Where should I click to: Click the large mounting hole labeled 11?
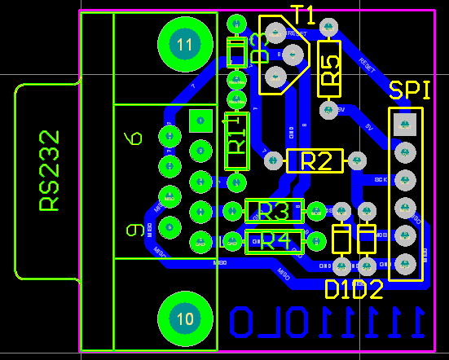[x=185, y=43]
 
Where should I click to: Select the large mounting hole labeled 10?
[x=185, y=318]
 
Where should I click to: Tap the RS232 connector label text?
[x=50, y=170]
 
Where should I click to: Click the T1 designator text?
[x=304, y=14]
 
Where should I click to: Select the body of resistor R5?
[x=329, y=69]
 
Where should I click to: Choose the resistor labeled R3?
[x=274, y=211]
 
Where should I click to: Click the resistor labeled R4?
[x=274, y=241]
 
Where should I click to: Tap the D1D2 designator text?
[x=354, y=289]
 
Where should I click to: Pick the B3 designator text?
[x=259, y=47]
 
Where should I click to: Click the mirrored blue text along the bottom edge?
[x=326, y=323]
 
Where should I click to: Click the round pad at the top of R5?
[x=328, y=29]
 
